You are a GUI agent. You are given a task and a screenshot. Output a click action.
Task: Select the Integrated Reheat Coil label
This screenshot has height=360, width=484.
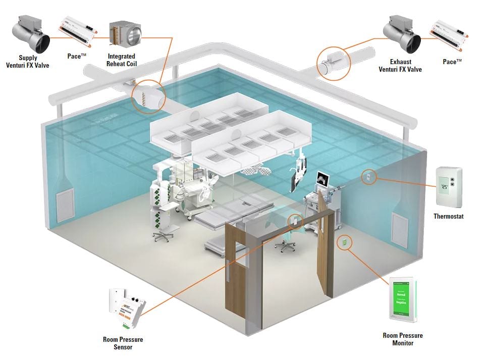point(122,60)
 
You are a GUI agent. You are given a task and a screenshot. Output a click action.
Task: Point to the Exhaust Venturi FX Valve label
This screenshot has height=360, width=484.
point(400,66)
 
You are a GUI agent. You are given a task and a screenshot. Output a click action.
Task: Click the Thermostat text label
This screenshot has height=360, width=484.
point(448,217)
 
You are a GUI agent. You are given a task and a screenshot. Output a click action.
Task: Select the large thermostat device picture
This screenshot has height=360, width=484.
point(449,187)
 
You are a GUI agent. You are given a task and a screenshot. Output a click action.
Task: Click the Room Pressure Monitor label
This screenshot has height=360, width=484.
point(402,339)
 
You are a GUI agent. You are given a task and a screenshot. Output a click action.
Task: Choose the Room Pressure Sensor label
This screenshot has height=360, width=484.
point(123,343)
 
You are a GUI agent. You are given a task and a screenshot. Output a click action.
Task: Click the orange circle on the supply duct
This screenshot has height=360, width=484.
point(149,94)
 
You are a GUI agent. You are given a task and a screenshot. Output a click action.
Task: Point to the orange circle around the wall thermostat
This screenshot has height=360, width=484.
point(368,177)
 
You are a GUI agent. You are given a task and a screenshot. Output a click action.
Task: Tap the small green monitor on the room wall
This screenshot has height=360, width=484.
point(344,243)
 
